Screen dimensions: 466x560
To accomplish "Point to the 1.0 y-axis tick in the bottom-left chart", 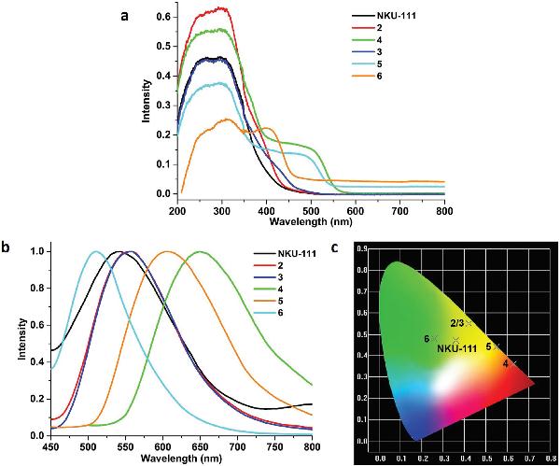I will [35, 251].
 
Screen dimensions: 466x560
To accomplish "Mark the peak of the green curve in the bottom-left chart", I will [200, 251].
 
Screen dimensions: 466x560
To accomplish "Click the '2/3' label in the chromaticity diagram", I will [460, 322].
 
